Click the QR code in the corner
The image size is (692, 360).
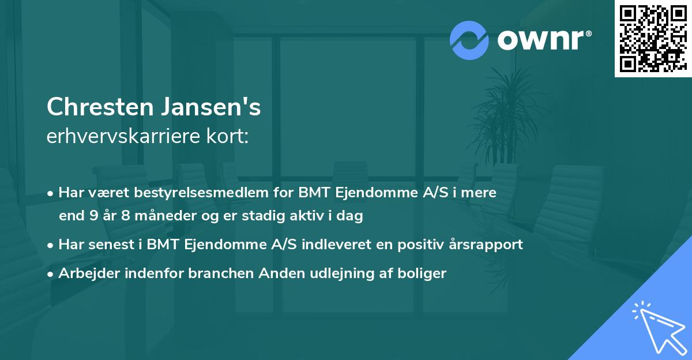point(653,38)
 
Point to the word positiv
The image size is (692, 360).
point(422,245)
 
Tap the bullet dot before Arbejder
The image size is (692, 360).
point(51,273)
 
